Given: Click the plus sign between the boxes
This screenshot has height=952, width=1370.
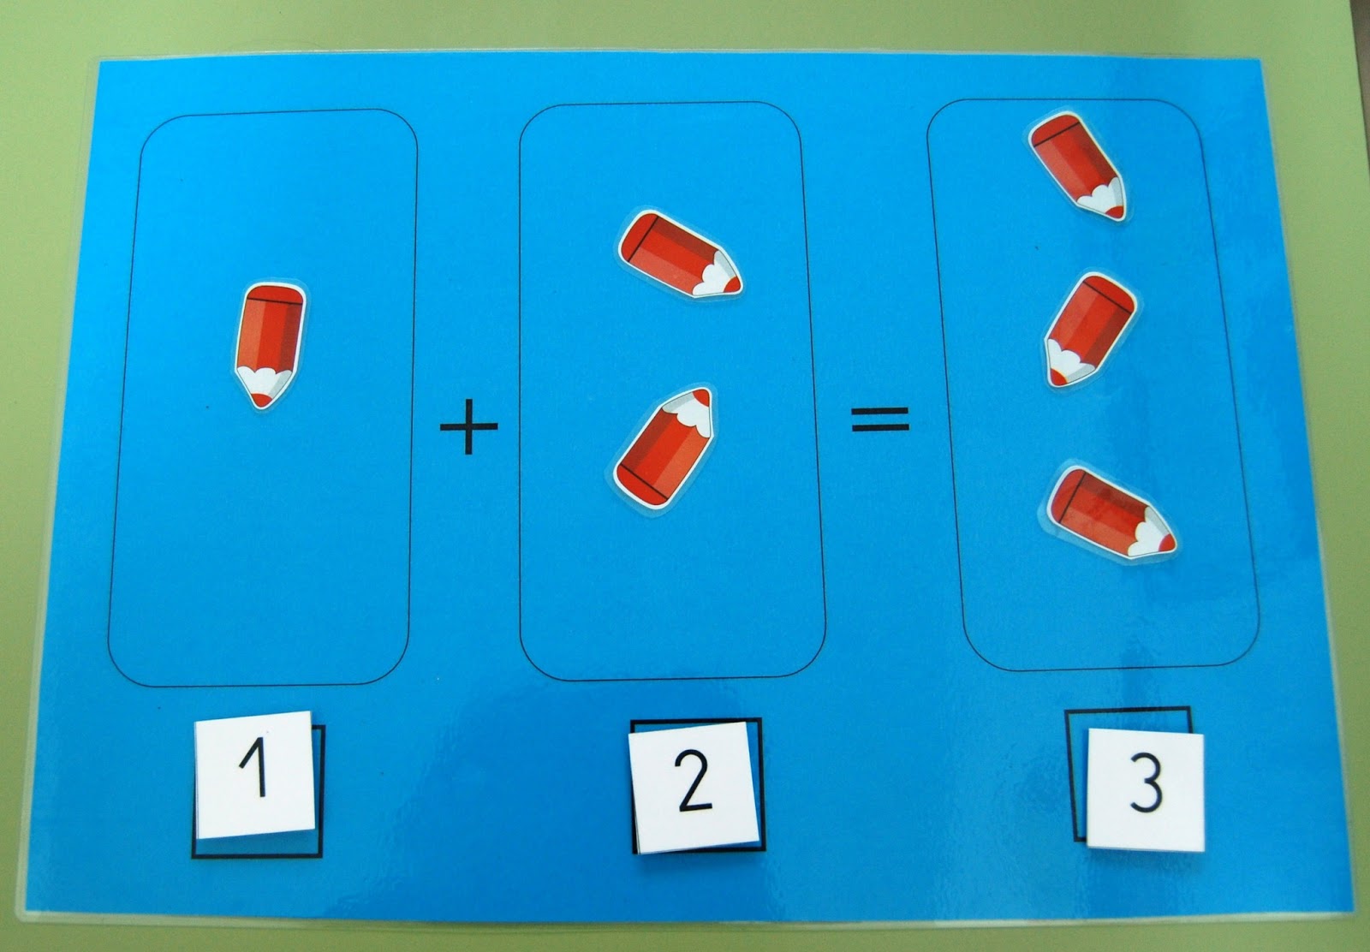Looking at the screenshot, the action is coord(468,426).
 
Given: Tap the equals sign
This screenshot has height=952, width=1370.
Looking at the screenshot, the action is coord(880,419).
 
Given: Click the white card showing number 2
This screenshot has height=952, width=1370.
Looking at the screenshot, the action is coord(694,787).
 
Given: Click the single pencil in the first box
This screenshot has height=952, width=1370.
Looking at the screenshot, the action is coord(271,346).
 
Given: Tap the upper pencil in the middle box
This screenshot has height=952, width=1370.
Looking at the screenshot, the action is coord(679,253).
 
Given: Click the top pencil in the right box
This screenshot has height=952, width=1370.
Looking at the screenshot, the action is coord(1077,166).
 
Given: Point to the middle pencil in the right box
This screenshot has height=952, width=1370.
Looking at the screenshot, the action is coord(1089,330).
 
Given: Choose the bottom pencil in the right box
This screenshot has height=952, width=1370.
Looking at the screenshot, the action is coord(1110,514).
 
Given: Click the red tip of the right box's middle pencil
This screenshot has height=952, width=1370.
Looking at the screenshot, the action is coord(1058,379).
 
